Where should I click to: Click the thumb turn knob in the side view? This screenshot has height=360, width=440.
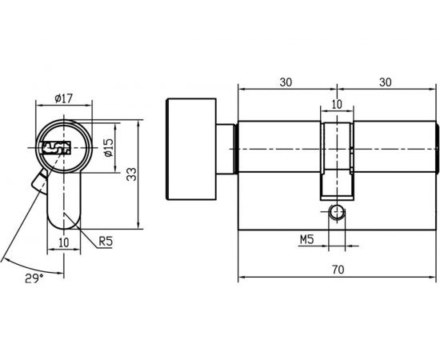[x=190, y=151]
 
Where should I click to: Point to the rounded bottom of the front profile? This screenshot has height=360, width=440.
[x=65, y=222]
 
